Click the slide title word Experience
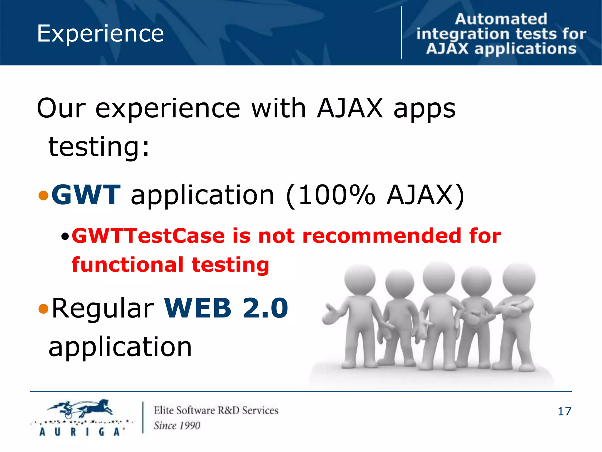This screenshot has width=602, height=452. click(x=100, y=34)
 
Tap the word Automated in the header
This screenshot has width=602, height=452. click(x=501, y=19)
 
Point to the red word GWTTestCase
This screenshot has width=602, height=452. click(x=148, y=236)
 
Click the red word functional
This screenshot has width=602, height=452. click(x=128, y=265)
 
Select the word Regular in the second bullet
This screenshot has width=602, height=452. click(x=103, y=308)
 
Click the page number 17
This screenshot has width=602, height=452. click(x=564, y=411)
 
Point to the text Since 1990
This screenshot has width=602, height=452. click(x=177, y=426)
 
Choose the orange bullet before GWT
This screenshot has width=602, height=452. click(x=44, y=195)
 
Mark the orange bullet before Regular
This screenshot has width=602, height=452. click(x=44, y=308)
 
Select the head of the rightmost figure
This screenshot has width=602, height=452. click(x=519, y=278)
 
